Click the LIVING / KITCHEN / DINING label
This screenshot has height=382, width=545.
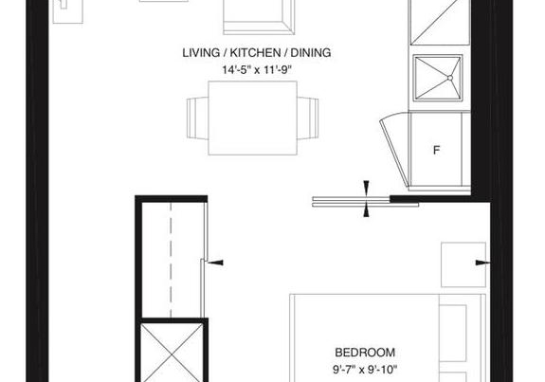click(257, 53)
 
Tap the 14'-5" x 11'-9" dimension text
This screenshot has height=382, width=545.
click(257, 70)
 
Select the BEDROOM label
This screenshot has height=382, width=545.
click(365, 353)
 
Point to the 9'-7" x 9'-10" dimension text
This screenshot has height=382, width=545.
click(365, 370)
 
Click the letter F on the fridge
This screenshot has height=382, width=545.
click(437, 150)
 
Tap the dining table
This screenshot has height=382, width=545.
click(253, 118)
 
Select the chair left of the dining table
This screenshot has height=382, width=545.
click(197, 118)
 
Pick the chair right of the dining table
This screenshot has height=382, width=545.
click(308, 118)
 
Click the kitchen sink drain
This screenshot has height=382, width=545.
click(450, 78)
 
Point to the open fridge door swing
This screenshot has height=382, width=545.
click(394, 150)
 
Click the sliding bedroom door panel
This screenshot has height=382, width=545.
click(365, 202)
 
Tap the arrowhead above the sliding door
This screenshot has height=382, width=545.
click(367, 187)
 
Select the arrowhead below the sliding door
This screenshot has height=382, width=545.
click(367, 211)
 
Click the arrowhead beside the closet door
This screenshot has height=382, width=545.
click(215, 263)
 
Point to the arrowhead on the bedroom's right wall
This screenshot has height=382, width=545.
click(482, 263)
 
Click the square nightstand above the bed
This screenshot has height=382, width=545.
click(463, 264)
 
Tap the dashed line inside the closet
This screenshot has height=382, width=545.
click(171, 260)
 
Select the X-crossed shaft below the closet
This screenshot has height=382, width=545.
click(172, 353)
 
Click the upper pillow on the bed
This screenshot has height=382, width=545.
click(453, 334)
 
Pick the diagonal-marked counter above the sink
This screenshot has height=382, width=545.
click(440, 22)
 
